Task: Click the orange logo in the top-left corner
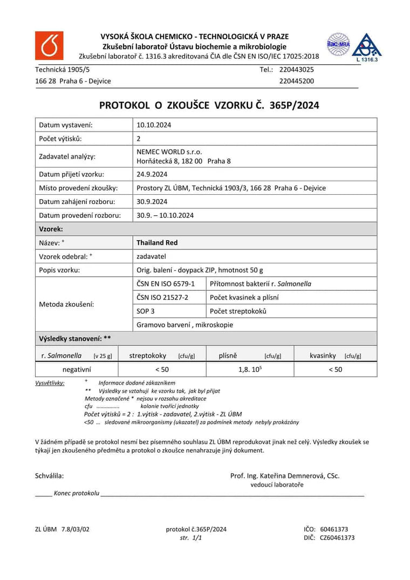[x=49, y=46]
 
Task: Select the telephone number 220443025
[x=296, y=70]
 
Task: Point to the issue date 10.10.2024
[x=154, y=125]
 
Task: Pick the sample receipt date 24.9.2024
[x=152, y=174]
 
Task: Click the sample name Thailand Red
[x=157, y=243]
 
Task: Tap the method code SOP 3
[x=146, y=311]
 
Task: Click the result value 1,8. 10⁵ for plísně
[x=250, y=370]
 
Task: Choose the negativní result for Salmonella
[x=77, y=370]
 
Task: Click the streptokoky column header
[x=148, y=356]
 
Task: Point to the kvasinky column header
[x=323, y=356]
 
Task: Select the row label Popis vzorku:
[x=59, y=270]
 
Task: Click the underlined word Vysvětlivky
[x=50, y=383]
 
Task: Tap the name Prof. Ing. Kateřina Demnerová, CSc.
[x=285, y=476]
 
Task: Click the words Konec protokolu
[x=76, y=493]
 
